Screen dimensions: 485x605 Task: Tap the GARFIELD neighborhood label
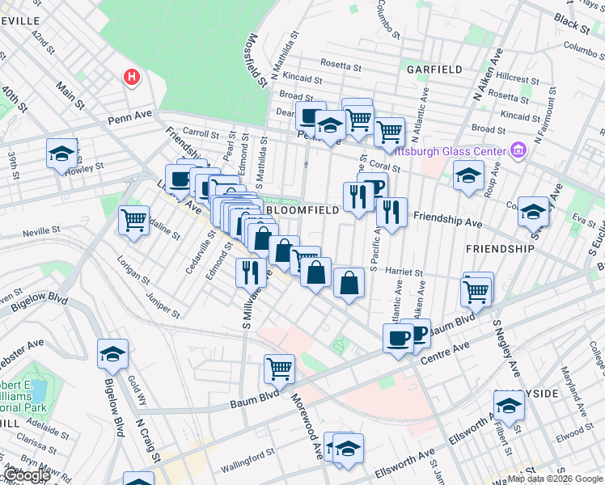click(x=435, y=70)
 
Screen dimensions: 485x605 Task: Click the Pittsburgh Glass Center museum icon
click(x=518, y=150)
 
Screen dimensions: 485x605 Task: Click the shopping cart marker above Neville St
click(x=133, y=219)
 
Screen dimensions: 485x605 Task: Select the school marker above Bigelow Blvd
click(x=112, y=353)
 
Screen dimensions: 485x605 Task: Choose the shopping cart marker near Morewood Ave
click(x=279, y=369)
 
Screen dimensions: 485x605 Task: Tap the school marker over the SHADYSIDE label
click(x=509, y=406)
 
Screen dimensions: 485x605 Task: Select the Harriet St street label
click(x=405, y=273)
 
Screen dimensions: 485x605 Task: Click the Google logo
click(x=27, y=476)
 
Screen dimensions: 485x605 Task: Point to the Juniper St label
click(x=163, y=302)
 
